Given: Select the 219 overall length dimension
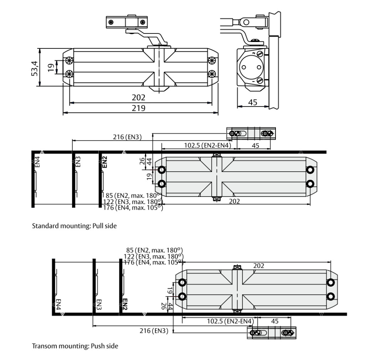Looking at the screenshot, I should click(x=139, y=108).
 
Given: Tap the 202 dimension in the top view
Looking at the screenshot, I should click(x=139, y=98).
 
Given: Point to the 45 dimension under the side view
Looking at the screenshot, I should click(x=252, y=102).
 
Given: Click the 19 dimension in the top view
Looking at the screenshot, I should click(x=51, y=68).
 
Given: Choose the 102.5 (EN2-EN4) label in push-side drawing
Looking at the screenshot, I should click(x=231, y=321).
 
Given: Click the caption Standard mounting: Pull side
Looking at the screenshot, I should click(x=74, y=226).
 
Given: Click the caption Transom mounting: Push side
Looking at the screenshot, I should click(x=75, y=346).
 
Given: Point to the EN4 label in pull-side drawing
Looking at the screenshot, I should click(x=37, y=162).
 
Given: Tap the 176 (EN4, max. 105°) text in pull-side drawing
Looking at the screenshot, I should click(x=133, y=208).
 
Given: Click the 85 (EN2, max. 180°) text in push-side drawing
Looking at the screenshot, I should click(x=154, y=250).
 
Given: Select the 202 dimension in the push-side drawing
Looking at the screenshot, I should click(x=259, y=266).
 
